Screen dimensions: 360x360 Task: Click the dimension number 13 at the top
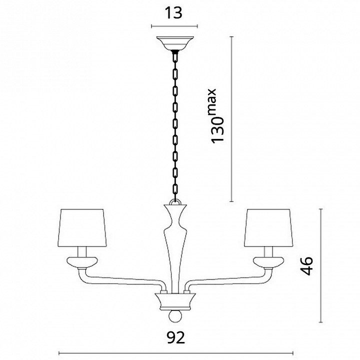pos(173,13)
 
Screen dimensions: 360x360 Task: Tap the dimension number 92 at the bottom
pos(176,337)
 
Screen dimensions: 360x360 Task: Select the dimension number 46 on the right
pos(306,265)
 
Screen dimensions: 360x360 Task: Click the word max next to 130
pos(212,100)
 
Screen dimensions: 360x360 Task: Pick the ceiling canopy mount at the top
pos(175,43)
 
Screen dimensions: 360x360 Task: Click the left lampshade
pos(82,228)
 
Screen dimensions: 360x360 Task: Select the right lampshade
pos(268,228)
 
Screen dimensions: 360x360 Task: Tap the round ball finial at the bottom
pos(175,316)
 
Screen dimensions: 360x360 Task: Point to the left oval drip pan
pos(82,262)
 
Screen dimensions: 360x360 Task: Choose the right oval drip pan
pos(268,262)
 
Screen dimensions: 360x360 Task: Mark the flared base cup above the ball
pos(175,301)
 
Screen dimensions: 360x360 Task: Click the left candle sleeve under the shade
pos(82,252)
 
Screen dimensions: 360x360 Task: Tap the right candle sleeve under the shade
pos(268,252)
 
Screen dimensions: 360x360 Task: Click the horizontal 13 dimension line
pos(174,26)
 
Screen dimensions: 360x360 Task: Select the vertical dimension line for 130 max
pos(231,119)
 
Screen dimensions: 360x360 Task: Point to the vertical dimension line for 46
pos(321,265)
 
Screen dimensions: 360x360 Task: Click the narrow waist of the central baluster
pos(175,219)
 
